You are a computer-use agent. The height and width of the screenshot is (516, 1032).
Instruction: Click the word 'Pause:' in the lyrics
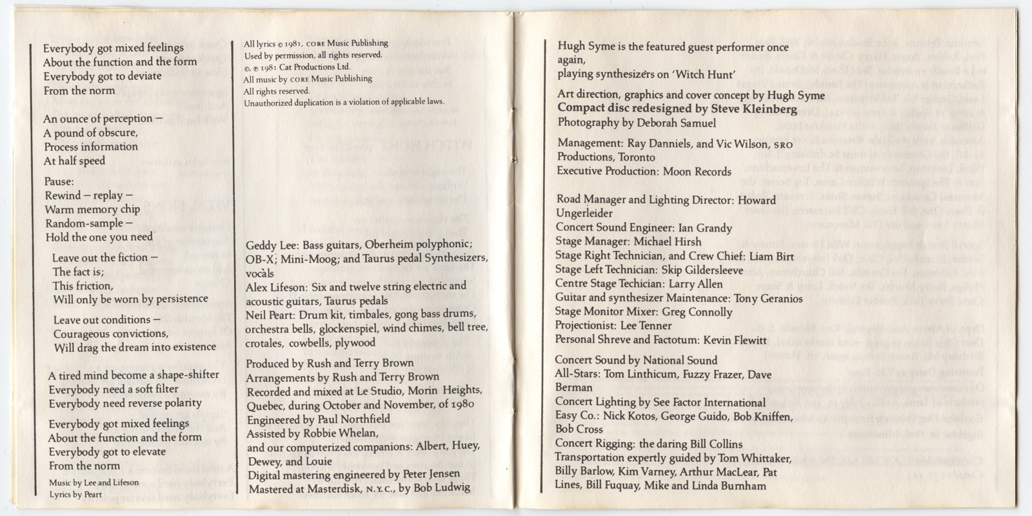pos(59,181)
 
